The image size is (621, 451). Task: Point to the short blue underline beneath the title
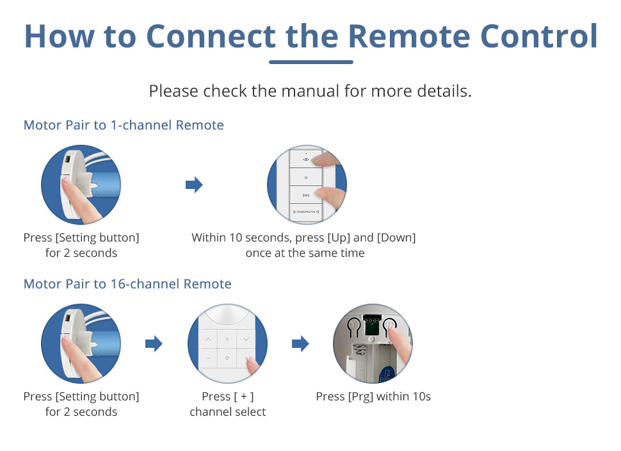point(311,62)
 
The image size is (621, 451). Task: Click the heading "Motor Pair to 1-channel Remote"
point(124,125)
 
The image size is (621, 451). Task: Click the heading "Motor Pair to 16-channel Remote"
point(127,284)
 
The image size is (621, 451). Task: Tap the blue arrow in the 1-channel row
point(194,186)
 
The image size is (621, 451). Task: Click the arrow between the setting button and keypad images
point(154,345)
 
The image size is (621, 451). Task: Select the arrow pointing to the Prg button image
point(300,345)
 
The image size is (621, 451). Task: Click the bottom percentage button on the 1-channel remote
point(305,211)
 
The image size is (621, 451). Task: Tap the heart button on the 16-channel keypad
point(227,358)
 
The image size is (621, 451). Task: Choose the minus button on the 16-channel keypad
point(208,358)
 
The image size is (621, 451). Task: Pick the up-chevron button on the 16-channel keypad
point(208,338)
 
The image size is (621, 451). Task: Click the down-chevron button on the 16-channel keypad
point(246,338)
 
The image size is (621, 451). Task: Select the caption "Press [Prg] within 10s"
point(373,397)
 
